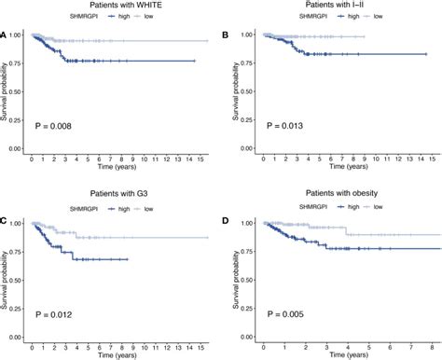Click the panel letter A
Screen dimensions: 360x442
[x=5, y=36]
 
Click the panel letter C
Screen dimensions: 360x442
[x=5, y=222]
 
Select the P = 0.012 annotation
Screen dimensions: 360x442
[x=54, y=312]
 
